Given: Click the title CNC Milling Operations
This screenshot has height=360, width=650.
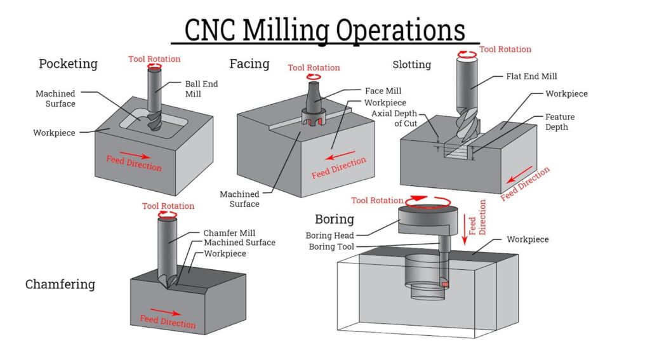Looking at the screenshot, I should point(325,30).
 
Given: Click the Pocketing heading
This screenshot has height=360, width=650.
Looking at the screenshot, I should point(68,63).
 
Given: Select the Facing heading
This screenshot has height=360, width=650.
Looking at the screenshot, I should point(249,63).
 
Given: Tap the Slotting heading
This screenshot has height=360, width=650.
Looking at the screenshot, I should point(411,64).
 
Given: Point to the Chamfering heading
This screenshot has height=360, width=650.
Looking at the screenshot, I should point(60,284).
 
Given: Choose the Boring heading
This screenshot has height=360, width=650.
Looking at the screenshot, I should point(335,219).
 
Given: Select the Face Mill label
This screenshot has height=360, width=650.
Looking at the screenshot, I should point(383,91).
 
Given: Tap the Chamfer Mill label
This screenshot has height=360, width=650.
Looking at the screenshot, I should point(229,233).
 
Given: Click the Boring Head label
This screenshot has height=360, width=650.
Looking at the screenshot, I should point(330,236).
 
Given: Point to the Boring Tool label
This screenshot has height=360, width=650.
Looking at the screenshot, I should point(331,246).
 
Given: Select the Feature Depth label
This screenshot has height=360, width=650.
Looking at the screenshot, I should point(560,122).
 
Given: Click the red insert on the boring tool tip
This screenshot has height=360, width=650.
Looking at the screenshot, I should point(445,284).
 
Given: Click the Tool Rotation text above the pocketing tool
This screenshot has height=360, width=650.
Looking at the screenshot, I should point(154,59).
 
